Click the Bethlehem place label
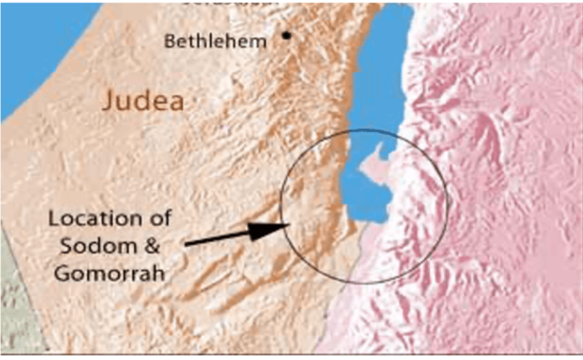pyautogui.click(x=215, y=40)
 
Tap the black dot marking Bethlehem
pyautogui.click(x=286, y=35)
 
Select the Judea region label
pyautogui.click(x=142, y=100)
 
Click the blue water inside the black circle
pyautogui.click(x=369, y=201)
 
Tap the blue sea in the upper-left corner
pyautogui.click(x=34, y=42)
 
